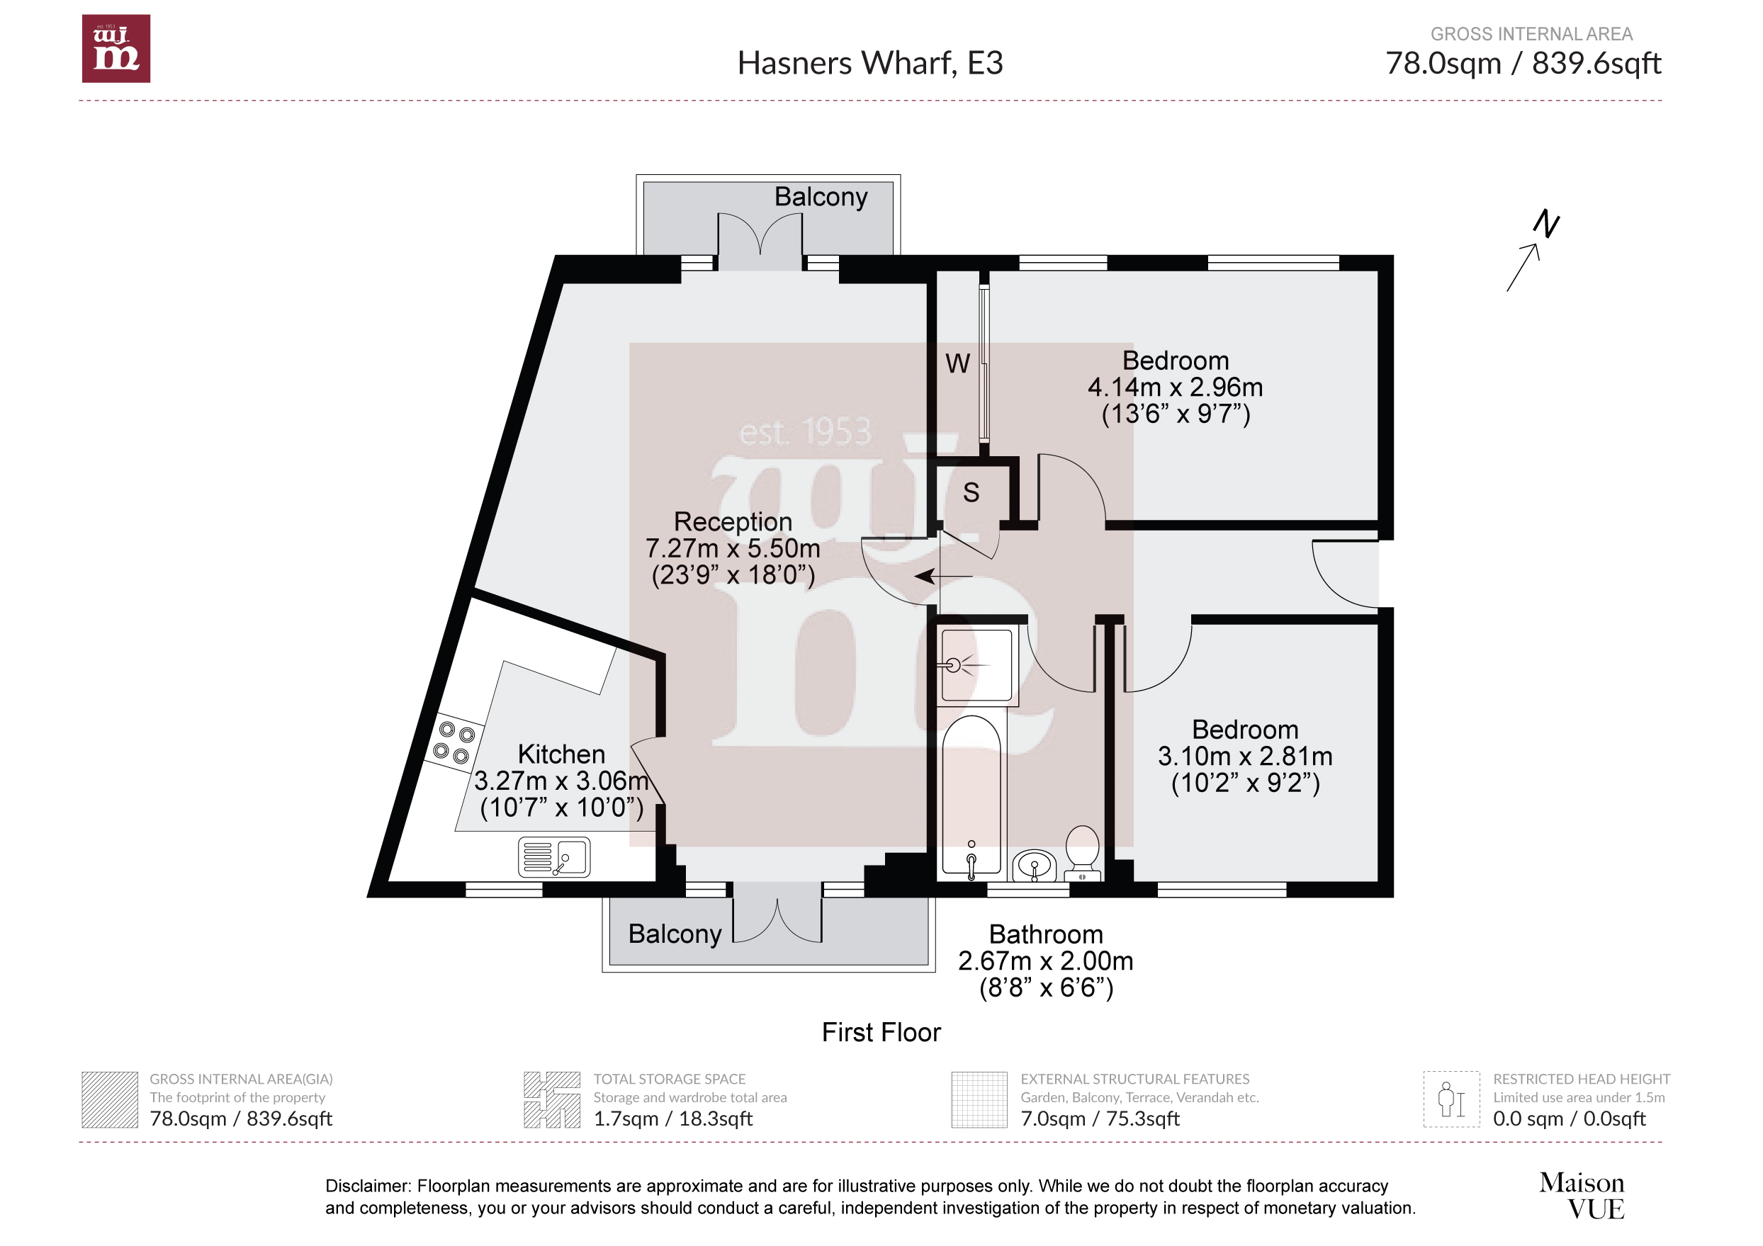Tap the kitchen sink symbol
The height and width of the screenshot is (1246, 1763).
click(x=553, y=857)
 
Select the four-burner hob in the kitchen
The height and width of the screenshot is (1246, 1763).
click(x=454, y=742)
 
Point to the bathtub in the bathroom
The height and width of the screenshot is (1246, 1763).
click(x=971, y=796)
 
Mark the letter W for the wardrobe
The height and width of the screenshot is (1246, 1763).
click(x=957, y=363)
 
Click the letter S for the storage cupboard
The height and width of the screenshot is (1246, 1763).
click(x=971, y=492)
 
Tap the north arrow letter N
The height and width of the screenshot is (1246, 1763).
click(x=1546, y=224)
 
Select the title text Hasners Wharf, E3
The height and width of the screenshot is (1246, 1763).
click(x=870, y=63)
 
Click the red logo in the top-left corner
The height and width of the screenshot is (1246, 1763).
click(x=116, y=48)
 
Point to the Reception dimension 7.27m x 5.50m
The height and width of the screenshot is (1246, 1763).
click(x=733, y=548)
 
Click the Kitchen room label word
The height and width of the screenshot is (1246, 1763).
click(x=561, y=754)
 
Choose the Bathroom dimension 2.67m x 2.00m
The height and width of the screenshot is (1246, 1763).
click(x=1046, y=961)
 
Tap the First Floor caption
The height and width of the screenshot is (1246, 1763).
click(x=882, y=1033)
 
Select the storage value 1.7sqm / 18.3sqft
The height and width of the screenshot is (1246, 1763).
click(x=672, y=1118)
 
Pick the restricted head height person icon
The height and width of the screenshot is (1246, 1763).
click(x=1451, y=1099)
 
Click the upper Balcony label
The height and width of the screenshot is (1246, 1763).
click(x=821, y=196)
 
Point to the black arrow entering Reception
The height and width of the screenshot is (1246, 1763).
click(x=944, y=576)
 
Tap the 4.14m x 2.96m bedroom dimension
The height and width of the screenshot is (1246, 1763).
click(x=1175, y=387)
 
